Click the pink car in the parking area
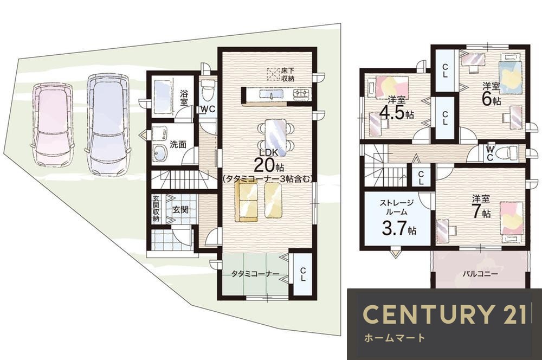tap(53, 125)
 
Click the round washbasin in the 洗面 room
tap(160, 153)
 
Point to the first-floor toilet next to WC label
tap(208, 91)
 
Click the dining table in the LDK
tap(275, 137)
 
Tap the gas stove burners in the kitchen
tap(302, 93)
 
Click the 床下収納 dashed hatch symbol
tap(273, 74)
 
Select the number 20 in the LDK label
tap(264, 165)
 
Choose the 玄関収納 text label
tap(156, 209)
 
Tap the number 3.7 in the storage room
tap(394, 228)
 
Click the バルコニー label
tap(480, 274)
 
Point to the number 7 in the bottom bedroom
tap(477, 211)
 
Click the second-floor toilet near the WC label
tap(507, 152)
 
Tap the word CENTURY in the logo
tap(428, 314)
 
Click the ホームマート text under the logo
tap(395, 338)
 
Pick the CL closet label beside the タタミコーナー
tap(303, 274)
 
